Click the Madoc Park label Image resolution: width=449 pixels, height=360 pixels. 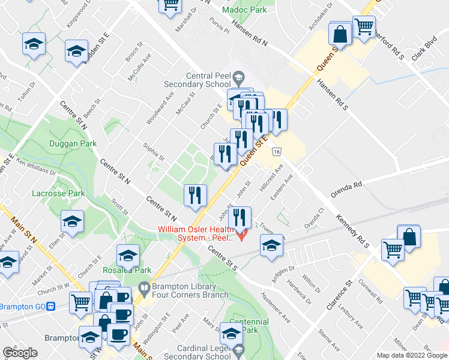(244, 10)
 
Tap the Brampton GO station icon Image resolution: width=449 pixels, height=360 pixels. (52, 306)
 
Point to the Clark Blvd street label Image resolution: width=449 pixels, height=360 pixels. (423, 49)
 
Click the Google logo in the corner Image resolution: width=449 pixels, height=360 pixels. (20, 353)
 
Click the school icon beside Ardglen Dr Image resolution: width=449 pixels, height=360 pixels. (271, 245)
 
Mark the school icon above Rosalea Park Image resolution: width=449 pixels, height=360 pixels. (128, 255)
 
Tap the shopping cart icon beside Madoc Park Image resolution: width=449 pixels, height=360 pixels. (170, 5)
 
